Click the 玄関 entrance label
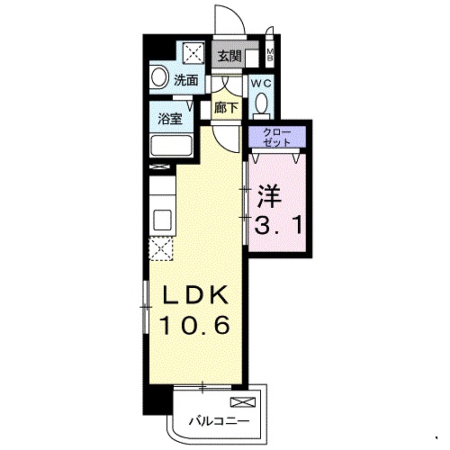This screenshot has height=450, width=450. pyautogui.click(x=229, y=56)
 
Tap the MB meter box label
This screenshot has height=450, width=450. pyautogui.click(x=270, y=54)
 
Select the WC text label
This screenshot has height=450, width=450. pyautogui.click(x=261, y=84)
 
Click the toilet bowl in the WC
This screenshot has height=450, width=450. pyautogui.click(x=262, y=103)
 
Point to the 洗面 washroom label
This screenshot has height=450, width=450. pyautogui.click(x=186, y=80)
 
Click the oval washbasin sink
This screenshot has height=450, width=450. pyautogui.click(x=158, y=77)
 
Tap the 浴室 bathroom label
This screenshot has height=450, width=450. pyautogui.click(x=170, y=120)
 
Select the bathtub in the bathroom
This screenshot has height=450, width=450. pyautogui.click(x=171, y=146)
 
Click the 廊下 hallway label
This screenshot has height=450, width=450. pyautogui.click(x=226, y=108)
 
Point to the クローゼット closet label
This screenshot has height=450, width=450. pyautogui.click(x=277, y=138)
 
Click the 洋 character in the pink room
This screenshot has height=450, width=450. pyautogui.click(x=269, y=196)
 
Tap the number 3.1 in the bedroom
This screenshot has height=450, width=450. pyautogui.click(x=278, y=225)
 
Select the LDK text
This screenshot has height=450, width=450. pyautogui.click(x=194, y=295)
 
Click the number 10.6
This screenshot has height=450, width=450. pyautogui.click(x=194, y=325)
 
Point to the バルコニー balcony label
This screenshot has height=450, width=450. pyautogui.click(x=219, y=421)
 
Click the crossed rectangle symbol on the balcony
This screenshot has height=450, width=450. pyautogui.click(x=243, y=402)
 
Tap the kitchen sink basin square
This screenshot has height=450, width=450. pyautogui.click(x=162, y=220)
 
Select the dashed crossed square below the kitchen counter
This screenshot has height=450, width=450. pyautogui.click(x=161, y=248)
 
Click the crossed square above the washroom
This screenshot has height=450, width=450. pyautogui.click(x=193, y=53)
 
